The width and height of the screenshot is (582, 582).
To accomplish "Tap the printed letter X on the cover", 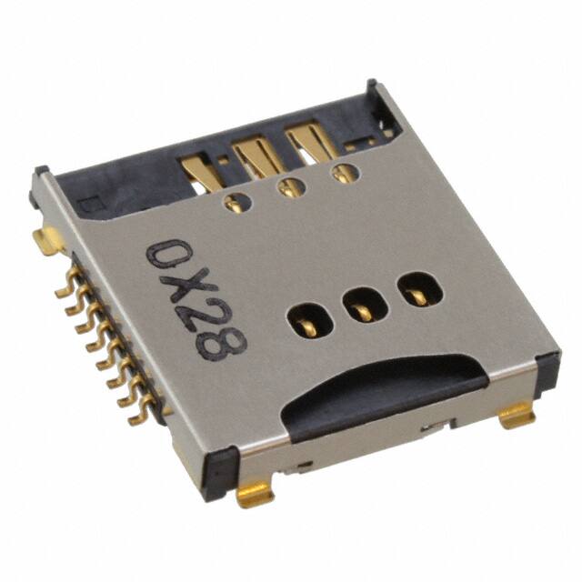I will click(185, 286).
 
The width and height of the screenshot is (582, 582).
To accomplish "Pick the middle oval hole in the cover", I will click(358, 305).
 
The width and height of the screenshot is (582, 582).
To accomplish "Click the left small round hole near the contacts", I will click(235, 204).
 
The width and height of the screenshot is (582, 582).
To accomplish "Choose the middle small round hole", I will click(290, 188).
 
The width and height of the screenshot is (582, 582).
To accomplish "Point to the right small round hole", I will click(343, 173).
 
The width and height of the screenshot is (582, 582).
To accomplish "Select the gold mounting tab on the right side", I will click(517, 416).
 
